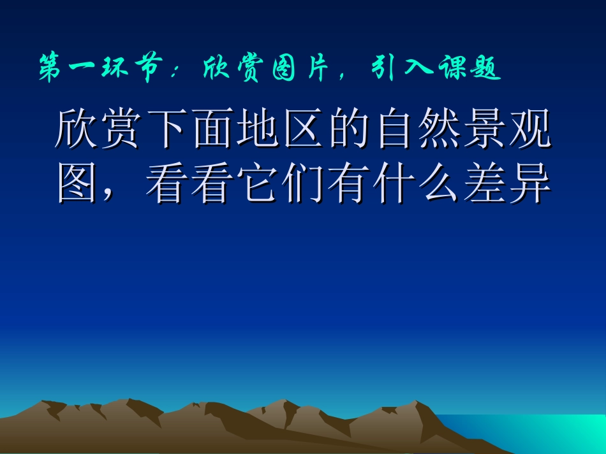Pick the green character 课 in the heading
point(452,69)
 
